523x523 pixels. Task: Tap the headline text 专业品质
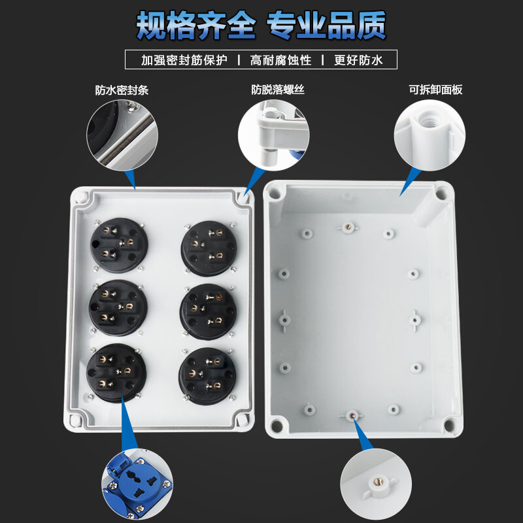coord(326,25)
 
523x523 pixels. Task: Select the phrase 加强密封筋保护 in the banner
coord(184,60)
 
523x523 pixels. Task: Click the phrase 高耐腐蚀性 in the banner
coord(280,60)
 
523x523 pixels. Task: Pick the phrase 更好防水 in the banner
coord(358,60)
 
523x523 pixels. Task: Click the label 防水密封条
coord(122,90)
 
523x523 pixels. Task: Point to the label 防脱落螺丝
coord(278,90)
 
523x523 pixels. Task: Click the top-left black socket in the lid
coord(118,247)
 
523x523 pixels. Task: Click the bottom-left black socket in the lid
coord(117,373)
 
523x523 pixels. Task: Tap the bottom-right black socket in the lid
coord(207,375)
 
